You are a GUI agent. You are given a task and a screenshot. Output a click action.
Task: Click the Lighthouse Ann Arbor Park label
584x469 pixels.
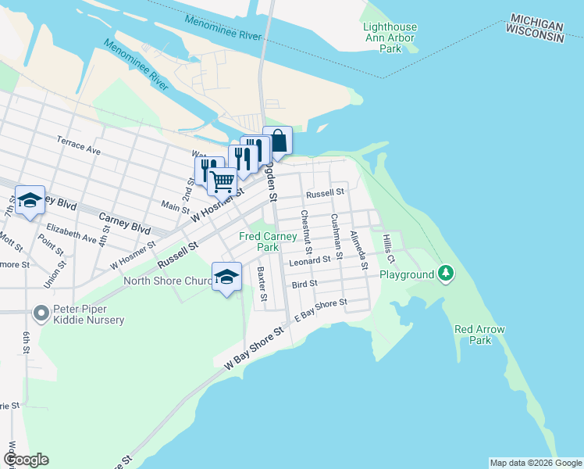click(390, 38)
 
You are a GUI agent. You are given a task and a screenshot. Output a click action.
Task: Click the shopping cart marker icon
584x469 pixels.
click(223, 181)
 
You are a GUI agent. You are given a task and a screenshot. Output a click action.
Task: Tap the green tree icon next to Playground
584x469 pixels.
click(446, 273)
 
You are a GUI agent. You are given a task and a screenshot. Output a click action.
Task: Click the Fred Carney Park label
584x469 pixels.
click(269, 242)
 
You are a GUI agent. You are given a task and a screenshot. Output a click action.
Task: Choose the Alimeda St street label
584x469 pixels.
click(358, 249)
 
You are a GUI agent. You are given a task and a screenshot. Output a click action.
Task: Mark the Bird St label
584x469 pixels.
click(304, 284)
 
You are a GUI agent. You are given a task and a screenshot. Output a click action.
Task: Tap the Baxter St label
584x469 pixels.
click(262, 285)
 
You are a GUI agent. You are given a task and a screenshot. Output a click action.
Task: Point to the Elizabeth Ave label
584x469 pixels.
click(72, 233)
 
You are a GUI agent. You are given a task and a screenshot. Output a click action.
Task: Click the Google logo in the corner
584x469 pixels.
click(25, 460)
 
